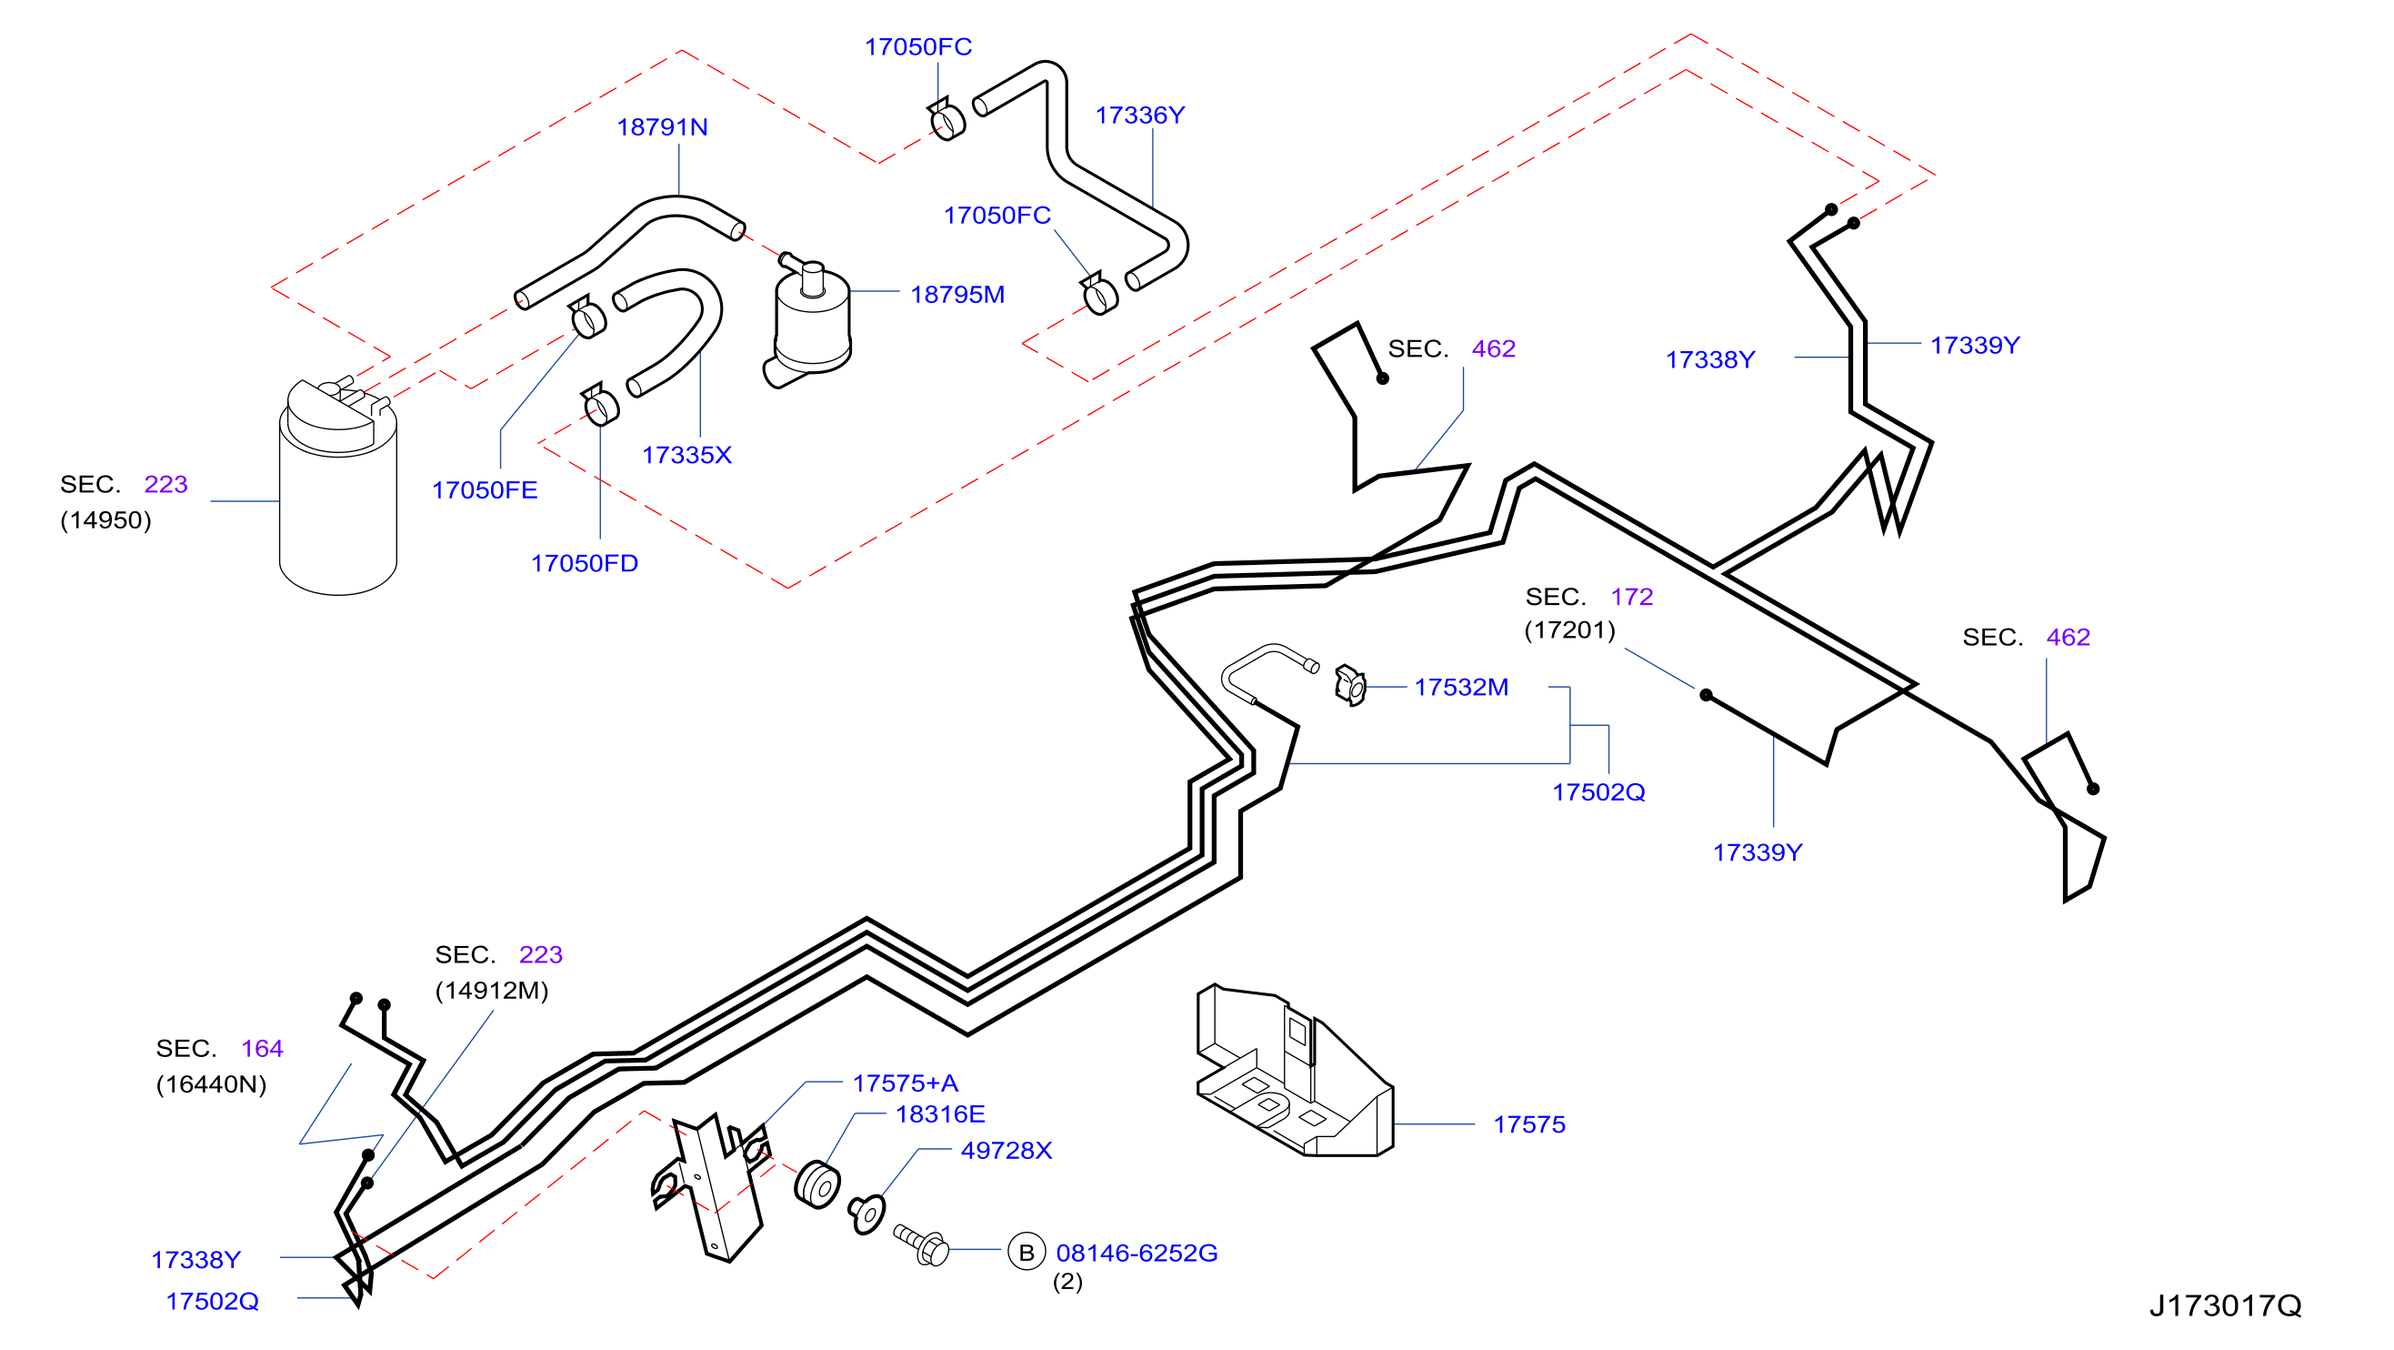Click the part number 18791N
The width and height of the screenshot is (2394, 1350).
pyautogui.click(x=662, y=126)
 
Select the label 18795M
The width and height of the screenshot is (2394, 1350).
pyautogui.click(x=957, y=294)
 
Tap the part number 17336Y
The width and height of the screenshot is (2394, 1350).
pyautogui.click(x=1139, y=115)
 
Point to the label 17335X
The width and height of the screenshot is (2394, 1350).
pyautogui.click(x=686, y=455)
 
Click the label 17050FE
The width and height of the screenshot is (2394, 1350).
pyautogui.click(x=485, y=490)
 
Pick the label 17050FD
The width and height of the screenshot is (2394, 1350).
pyautogui.click(x=584, y=563)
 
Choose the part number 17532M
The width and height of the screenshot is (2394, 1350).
pyautogui.click(x=1461, y=687)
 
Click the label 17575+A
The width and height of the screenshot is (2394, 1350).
pyautogui.click(x=906, y=1083)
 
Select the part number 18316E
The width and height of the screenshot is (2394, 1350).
pyautogui.click(x=939, y=1113)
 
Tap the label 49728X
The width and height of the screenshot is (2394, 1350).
pyautogui.click(x=1007, y=1150)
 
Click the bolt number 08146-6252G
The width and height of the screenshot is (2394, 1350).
pyautogui.click(x=1137, y=1254)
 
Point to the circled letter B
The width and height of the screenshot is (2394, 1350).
pyautogui.click(x=1026, y=1253)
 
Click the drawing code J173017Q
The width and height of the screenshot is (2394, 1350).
pyautogui.click(x=2225, y=1305)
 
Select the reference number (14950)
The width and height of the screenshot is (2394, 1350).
pyautogui.click(x=105, y=519)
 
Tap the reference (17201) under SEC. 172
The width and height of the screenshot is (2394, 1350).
pyautogui.click(x=1569, y=630)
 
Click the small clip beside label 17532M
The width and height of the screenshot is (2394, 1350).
pyautogui.click(x=1350, y=686)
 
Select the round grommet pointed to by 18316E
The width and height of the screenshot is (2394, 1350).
pyautogui.click(x=817, y=1185)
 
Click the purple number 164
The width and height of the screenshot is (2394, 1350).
pyautogui.click(x=262, y=1049)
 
